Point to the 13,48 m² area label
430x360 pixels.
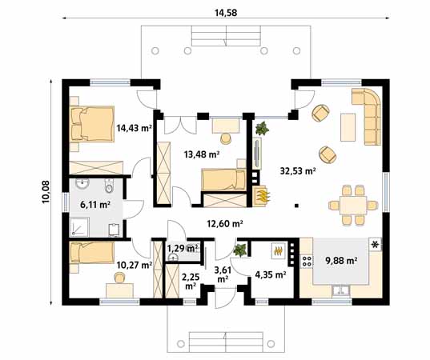click(202, 154)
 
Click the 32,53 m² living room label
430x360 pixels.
click(297, 170)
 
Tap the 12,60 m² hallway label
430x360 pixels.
click(225, 224)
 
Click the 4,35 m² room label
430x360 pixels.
click(268, 276)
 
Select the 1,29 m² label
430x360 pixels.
click(181, 249)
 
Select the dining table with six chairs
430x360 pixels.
click(351, 204)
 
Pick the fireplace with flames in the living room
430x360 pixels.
click(261, 194)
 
